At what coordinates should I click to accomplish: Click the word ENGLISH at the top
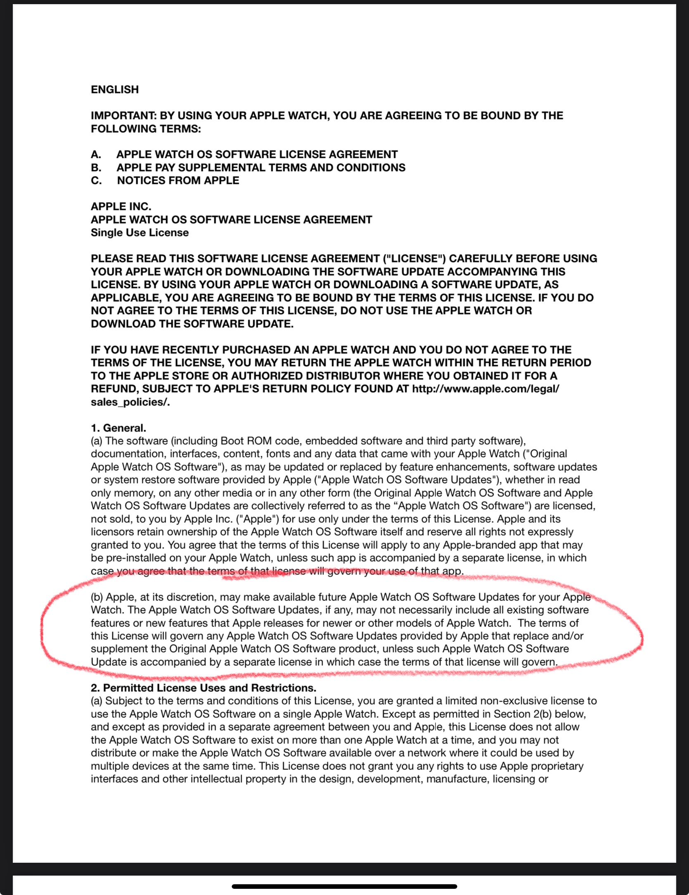[115, 90]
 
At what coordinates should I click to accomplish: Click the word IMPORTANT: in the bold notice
[124, 116]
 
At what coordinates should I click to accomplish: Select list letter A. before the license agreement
[96, 155]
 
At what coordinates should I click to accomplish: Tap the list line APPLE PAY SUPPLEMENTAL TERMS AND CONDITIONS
[261, 168]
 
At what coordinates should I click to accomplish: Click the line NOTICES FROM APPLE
[178, 181]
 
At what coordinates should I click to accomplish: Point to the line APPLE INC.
[121, 207]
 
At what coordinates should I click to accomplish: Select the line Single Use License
[140, 233]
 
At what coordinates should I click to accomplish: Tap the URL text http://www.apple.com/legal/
[485, 389]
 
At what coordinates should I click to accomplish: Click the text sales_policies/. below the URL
[130, 402]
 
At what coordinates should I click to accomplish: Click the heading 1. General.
[119, 428]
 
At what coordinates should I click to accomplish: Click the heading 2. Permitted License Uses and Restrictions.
[203, 688]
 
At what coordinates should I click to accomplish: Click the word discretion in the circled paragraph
[188, 597]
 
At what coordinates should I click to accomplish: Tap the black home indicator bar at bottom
[344, 886]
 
